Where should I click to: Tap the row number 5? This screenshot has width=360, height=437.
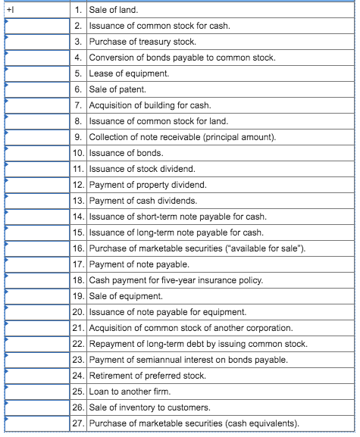pos(77,74)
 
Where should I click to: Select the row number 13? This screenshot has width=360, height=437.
pos(77,201)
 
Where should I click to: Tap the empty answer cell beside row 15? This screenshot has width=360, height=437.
pos(37,233)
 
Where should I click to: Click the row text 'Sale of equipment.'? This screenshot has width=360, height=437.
pos(126,297)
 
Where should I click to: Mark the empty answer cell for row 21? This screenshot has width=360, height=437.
pos(37,328)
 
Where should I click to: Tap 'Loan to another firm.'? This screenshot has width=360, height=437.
pos(130,392)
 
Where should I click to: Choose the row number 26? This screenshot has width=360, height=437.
pos(77,408)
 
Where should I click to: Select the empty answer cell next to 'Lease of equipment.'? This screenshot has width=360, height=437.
pos(37,74)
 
